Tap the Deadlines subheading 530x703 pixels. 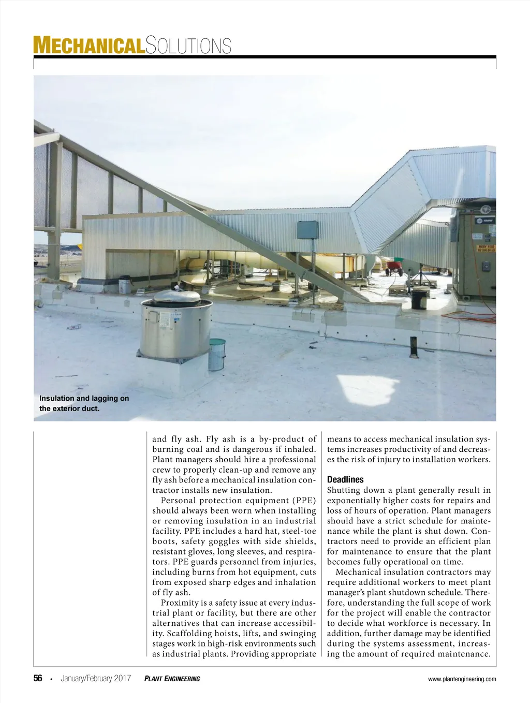tap(345, 479)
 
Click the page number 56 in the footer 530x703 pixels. tap(38, 679)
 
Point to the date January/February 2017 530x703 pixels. tap(96, 679)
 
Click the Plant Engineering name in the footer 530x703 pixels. tap(172, 679)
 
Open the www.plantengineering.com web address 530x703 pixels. tap(462, 679)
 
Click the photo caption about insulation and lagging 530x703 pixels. tap(84, 403)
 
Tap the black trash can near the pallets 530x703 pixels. tap(419, 299)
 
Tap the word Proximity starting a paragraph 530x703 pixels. tap(179, 603)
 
